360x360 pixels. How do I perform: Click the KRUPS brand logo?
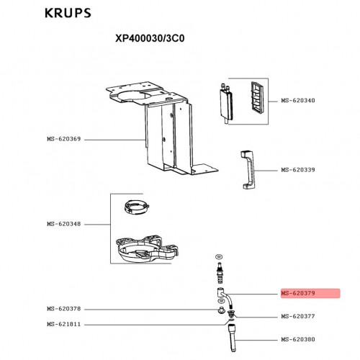pyautogui.click(x=68, y=13)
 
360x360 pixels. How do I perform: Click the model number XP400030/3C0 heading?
pyautogui.click(x=150, y=38)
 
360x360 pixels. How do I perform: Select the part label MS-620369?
pyautogui.click(x=64, y=139)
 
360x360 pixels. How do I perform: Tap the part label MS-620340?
pyautogui.click(x=298, y=100)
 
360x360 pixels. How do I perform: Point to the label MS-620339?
pyautogui.click(x=298, y=170)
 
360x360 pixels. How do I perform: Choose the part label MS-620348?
pyautogui.click(x=64, y=224)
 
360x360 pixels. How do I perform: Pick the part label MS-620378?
pyautogui.click(x=64, y=309)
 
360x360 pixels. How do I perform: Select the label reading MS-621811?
pyautogui.click(x=64, y=324)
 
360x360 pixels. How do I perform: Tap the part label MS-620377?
pyautogui.click(x=298, y=316)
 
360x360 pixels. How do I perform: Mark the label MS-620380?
pyautogui.click(x=298, y=339)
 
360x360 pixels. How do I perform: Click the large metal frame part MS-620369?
pyautogui.click(x=168, y=135)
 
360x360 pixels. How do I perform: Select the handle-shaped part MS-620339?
pyautogui.click(x=247, y=170)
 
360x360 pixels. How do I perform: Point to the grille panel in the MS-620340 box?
pyautogui.click(x=257, y=95)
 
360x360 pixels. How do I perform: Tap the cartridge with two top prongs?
pyautogui.click(x=226, y=104)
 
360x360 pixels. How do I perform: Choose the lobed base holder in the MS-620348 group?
pyautogui.click(x=147, y=249)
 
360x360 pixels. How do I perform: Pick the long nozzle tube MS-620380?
pyautogui.click(x=233, y=338)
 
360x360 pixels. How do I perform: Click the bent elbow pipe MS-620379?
pyautogui.click(x=225, y=296)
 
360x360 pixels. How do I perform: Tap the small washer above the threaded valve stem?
pyautogui.click(x=219, y=257)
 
